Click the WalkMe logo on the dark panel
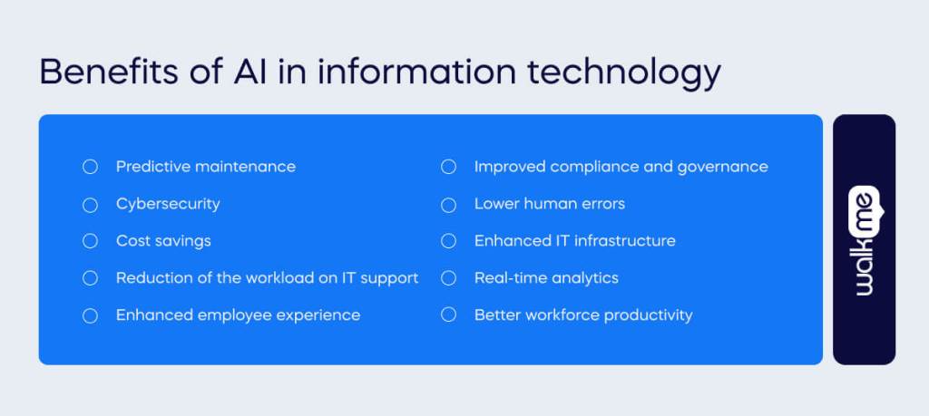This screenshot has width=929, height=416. pyautogui.click(x=864, y=240)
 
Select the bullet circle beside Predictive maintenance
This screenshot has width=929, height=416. pyautogui.click(x=90, y=167)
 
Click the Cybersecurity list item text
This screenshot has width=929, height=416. pyautogui.click(x=168, y=204)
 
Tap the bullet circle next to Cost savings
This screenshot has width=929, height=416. pyautogui.click(x=90, y=241)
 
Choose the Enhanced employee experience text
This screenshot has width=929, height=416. pyautogui.click(x=238, y=315)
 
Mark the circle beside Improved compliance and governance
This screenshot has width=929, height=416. pyautogui.click(x=448, y=167)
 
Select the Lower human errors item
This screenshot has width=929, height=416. pyautogui.click(x=549, y=204)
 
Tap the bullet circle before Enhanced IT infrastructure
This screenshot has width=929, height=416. pyautogui.click(x=448, y=241)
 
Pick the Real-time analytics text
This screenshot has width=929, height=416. pyautogui.click(x=546, y=278)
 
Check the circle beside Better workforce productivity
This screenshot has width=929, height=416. pyautogui.click(x=448, y=315)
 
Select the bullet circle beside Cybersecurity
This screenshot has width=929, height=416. pyautogui.click(x=90, y=205)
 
